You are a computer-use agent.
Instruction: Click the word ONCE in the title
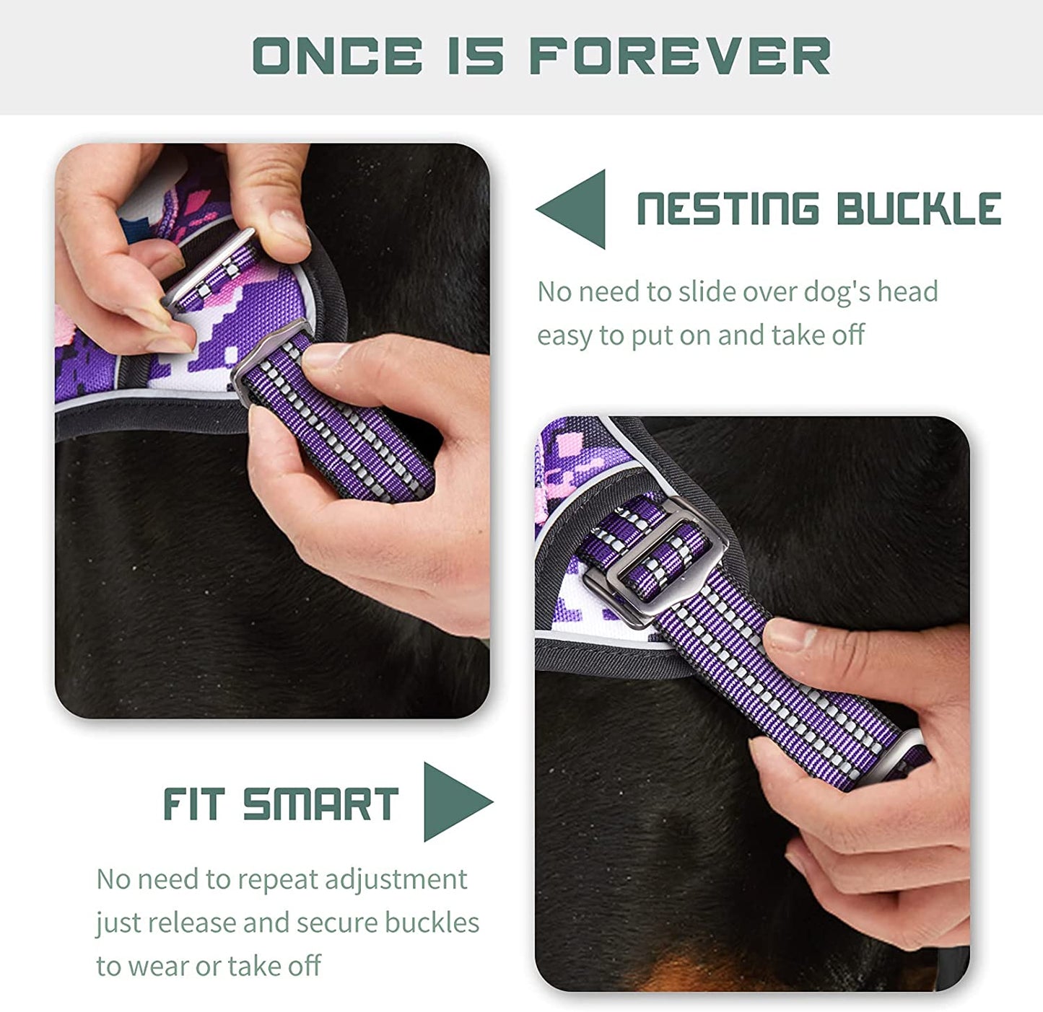click(337, 56)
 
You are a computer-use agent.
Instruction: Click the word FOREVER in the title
click(680, 56)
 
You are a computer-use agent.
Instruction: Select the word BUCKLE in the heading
click(918, 209)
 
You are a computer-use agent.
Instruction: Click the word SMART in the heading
click(320, 804)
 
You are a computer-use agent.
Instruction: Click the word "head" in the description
click(907, 292)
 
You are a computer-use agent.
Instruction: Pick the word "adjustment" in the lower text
click(396, 880)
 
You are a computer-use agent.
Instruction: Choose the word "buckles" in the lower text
click(432, 923)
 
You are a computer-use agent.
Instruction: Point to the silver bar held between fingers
click(209, 267)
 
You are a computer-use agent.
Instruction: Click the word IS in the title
click(475, 56)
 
